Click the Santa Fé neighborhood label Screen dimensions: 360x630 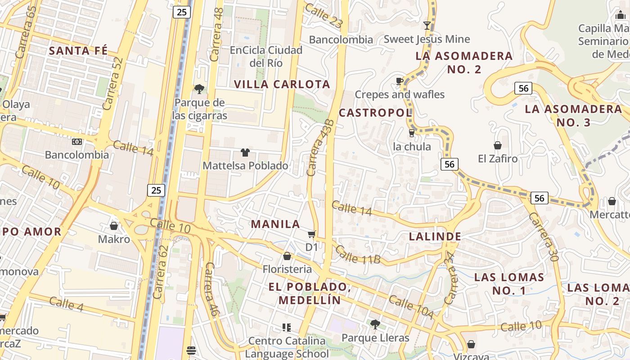point(78,50)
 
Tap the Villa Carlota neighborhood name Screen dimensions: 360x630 point(282,84)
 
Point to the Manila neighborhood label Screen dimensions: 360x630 point(275,224)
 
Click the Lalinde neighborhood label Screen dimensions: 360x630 point(435,236)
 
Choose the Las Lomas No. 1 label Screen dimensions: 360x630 point(509,283)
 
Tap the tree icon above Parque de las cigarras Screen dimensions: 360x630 point(199,89)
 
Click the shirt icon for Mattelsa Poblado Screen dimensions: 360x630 point(245,153)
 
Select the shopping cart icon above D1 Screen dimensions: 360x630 point(311,234)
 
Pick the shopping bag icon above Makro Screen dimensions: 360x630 point(114,225)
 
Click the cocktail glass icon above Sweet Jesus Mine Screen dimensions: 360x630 point(427,26)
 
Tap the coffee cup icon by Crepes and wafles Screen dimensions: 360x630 point(399,81)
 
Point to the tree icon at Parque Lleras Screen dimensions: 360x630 point(375,324)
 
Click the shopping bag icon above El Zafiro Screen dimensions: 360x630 point(497,145)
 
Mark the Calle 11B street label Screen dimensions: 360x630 point(358,255)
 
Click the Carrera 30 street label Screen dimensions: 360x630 point(543,237)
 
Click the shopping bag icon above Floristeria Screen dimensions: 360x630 point(287,256)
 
